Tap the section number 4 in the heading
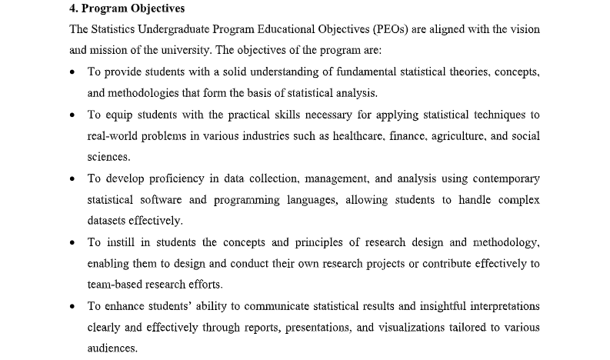click(72, 9)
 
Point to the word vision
click(523, 29)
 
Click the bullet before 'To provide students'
click(72, 72)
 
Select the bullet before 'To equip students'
click(72, 115)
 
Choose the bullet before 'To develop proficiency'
click(72, 179)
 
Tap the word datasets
click(108, 221)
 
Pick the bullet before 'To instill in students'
click(72, 243)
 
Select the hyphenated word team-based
click(117, 284)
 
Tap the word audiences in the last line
click(112, 348)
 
